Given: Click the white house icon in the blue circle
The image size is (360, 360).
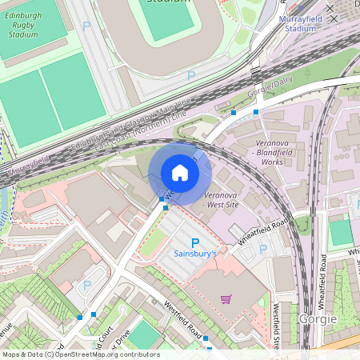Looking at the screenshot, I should [x=180, y=172].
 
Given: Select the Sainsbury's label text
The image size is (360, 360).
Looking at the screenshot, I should [x=196, y=254].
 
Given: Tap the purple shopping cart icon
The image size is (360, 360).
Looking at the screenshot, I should [x=226, y=299].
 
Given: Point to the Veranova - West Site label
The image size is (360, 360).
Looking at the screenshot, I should [x=222, y=200].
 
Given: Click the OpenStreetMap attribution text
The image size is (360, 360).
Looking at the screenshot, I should [x=81, y=354].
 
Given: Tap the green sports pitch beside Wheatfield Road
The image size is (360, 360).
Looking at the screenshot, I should [x=341, y=232].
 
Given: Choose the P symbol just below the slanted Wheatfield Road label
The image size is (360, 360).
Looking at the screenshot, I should [x=263, y=250].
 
